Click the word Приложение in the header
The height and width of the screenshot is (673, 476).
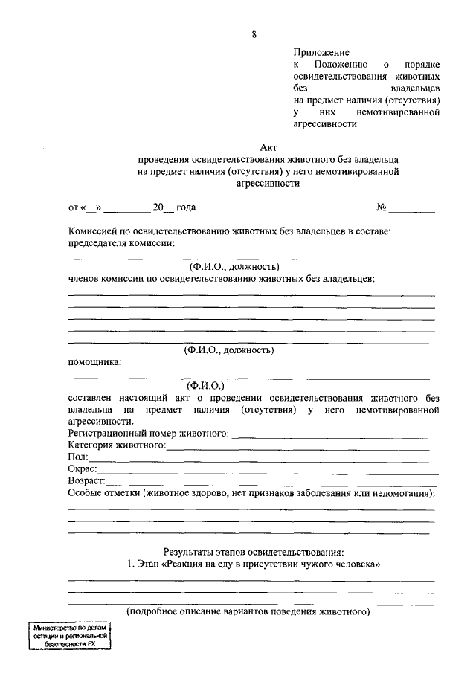(321, 53)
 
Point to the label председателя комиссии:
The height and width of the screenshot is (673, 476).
(122, 243)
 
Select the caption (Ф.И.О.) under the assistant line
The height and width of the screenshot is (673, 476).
(206, 385)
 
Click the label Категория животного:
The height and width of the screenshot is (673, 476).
(116, 445)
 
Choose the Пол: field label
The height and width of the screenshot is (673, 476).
(78, 457)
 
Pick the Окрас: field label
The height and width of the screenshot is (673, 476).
(82, 468)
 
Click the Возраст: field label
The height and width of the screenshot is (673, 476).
(86, 480)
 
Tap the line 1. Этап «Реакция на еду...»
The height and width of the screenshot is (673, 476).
(254, 564)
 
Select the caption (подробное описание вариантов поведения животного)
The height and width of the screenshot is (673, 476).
(248, 612)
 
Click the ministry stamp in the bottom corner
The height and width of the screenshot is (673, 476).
(71, 637)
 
